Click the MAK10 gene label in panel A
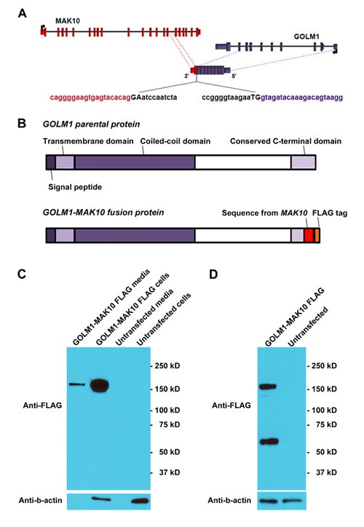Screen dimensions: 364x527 pyautogui.click(x=68, y=21)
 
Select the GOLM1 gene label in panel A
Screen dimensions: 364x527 pyautogui.click(x=306, y=36)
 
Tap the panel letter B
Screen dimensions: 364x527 pyautogui.click(x=22, y=123)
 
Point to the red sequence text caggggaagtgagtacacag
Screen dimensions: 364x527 pyautogui.click(x=90, y=98)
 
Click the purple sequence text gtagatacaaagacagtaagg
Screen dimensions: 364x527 pyautogui.click(x=302, y=98)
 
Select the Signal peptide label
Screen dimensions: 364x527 pyautogui.click(x=75, y=187)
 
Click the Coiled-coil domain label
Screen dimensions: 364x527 pyautogui.click(x=175, y=141)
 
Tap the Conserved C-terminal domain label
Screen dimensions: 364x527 pyautogui.click(x=285, y=141)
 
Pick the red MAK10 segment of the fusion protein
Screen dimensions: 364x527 pyautogui.click(x=309, y=235)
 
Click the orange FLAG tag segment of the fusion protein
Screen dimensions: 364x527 pyautogui.click(x=317, y=235)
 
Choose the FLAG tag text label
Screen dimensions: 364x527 pyautogui.click(x=330, y=213)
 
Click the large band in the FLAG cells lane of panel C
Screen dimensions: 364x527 pyautogui.click(x=99, y=386)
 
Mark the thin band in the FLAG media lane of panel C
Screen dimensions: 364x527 pyautogui.click(x=77, y=384)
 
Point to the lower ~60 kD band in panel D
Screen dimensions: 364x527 pyautogui.click(x=268, y=442)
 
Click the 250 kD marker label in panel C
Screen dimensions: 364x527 pyautogui.click(x=167, y=365)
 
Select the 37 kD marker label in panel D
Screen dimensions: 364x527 pyautogui.click(x=326, y=472)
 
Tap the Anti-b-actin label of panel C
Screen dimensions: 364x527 pyautogui.click(x=40, y=501)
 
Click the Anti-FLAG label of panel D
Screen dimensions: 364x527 pyautogui.click(x=232, y=405)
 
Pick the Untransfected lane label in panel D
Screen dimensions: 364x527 pyautogui.click(x=308, y=326)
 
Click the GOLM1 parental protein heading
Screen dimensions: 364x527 pyautogui.click(x=91, y=124)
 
